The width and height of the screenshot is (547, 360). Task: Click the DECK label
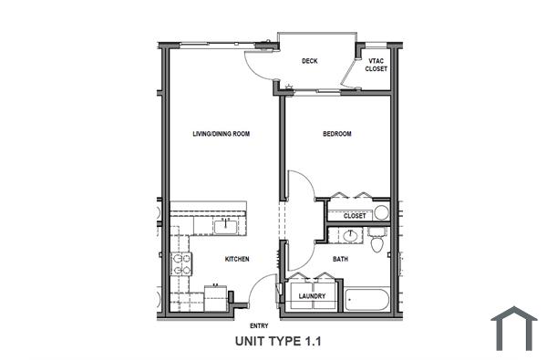pos(309,62)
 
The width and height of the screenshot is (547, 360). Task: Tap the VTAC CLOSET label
pos(376,65)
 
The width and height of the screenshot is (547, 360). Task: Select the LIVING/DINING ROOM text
pos(221,134)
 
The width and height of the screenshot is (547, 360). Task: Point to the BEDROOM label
pos(337,134)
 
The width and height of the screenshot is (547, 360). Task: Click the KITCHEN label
pos(237,259)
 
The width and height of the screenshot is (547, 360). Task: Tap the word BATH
pos(339,259)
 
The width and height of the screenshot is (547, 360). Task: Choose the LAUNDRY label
pos(312,295)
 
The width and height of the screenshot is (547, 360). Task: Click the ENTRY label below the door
pos(259,325)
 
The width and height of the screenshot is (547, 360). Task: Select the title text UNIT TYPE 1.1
pos(279,343)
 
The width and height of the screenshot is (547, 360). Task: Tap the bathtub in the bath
pos(366,298)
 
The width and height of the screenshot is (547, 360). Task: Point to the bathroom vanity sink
pos(351,236)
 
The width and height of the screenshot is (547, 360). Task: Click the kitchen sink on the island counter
pos(223,223)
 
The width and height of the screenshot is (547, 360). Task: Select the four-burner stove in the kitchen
pos(182,262)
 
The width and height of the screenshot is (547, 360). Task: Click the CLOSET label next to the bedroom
pos(355,216)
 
